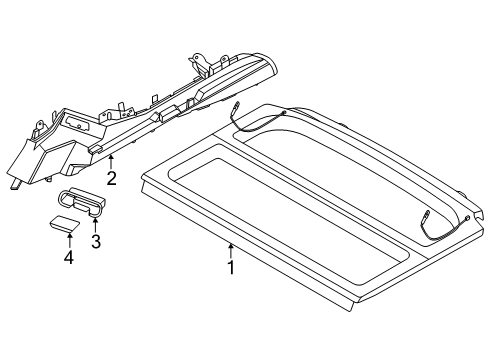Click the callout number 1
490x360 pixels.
pos(231,267)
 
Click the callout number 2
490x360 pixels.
pos(112,178)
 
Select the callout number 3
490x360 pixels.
pos(96,241)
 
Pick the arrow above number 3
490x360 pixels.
pos(96,223)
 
